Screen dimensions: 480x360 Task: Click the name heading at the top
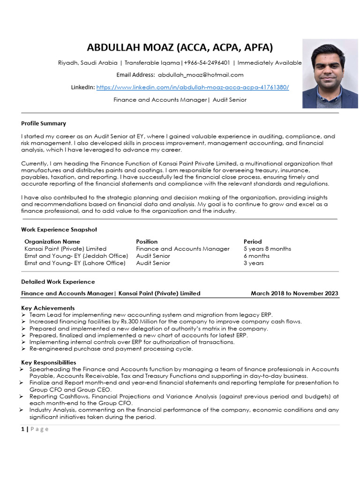coord(180,47)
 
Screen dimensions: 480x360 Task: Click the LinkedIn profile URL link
coord(193,87)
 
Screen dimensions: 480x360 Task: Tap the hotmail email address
coord(201,75)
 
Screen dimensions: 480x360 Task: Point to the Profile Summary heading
coord(44,123)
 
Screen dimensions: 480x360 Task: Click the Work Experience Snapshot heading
coord(59,230)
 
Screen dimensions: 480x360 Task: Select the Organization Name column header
coord(52,241)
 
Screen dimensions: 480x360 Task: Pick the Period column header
coord(253,241)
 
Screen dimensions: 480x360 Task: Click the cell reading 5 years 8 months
coord(267,249)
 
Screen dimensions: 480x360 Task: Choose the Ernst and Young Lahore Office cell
coord(75,263)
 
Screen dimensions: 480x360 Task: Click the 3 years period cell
coord(254,263)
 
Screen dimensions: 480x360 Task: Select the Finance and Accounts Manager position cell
coord(183,249)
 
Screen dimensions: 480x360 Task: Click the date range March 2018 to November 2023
coord(294,293)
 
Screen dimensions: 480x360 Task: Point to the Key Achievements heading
coord(48,308)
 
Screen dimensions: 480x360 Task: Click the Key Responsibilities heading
coord(49,362)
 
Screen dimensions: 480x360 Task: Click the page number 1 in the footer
coord(23,429)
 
